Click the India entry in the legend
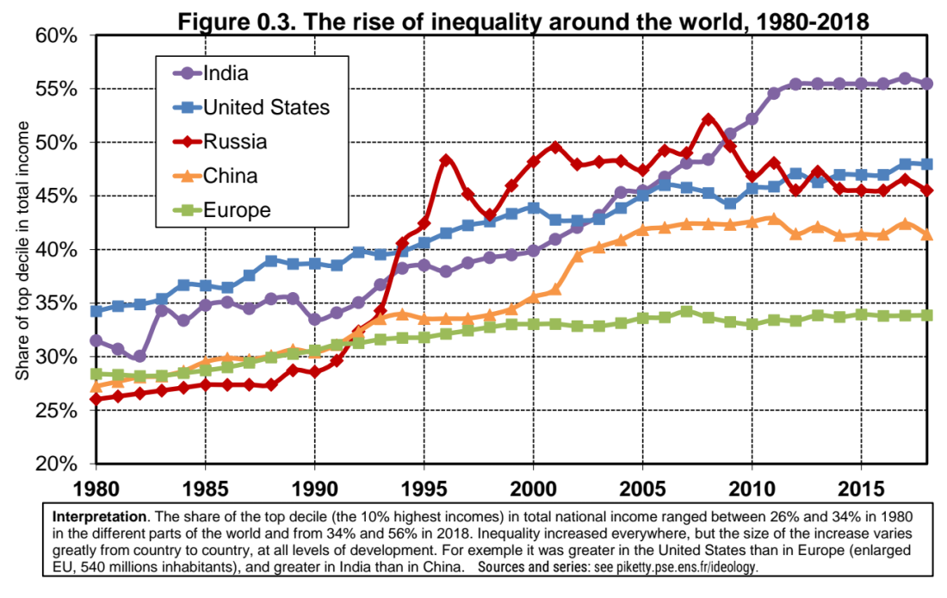coord(226,72)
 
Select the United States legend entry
coord(266,107)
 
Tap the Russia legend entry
coord(235,141)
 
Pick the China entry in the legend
coord(230,176)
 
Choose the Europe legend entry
coord(237,210)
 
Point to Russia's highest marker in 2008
coord(709,119)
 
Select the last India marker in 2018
coord(927,84)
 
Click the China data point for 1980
coord(96,387)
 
